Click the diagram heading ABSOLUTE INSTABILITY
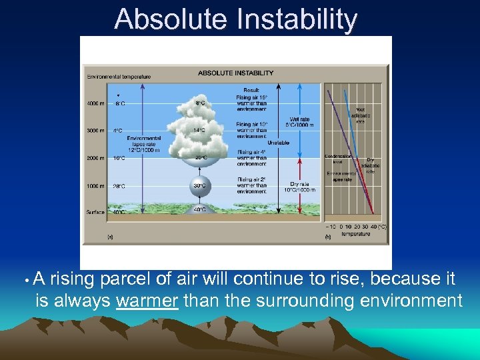point(235,73)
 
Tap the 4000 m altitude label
point(95,103)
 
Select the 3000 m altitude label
point(95,131)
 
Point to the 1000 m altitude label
point(95,186)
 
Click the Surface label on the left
point(95,213)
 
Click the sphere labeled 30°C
point(199,186)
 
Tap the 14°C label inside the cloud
point(199,131)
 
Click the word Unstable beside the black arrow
point(278,143)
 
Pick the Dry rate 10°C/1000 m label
point(302,187)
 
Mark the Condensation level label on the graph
point(338,159)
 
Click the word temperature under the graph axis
point(355,234)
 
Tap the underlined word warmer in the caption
point(147,301)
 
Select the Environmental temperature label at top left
point(119,77)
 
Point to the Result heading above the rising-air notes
point(251,89)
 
